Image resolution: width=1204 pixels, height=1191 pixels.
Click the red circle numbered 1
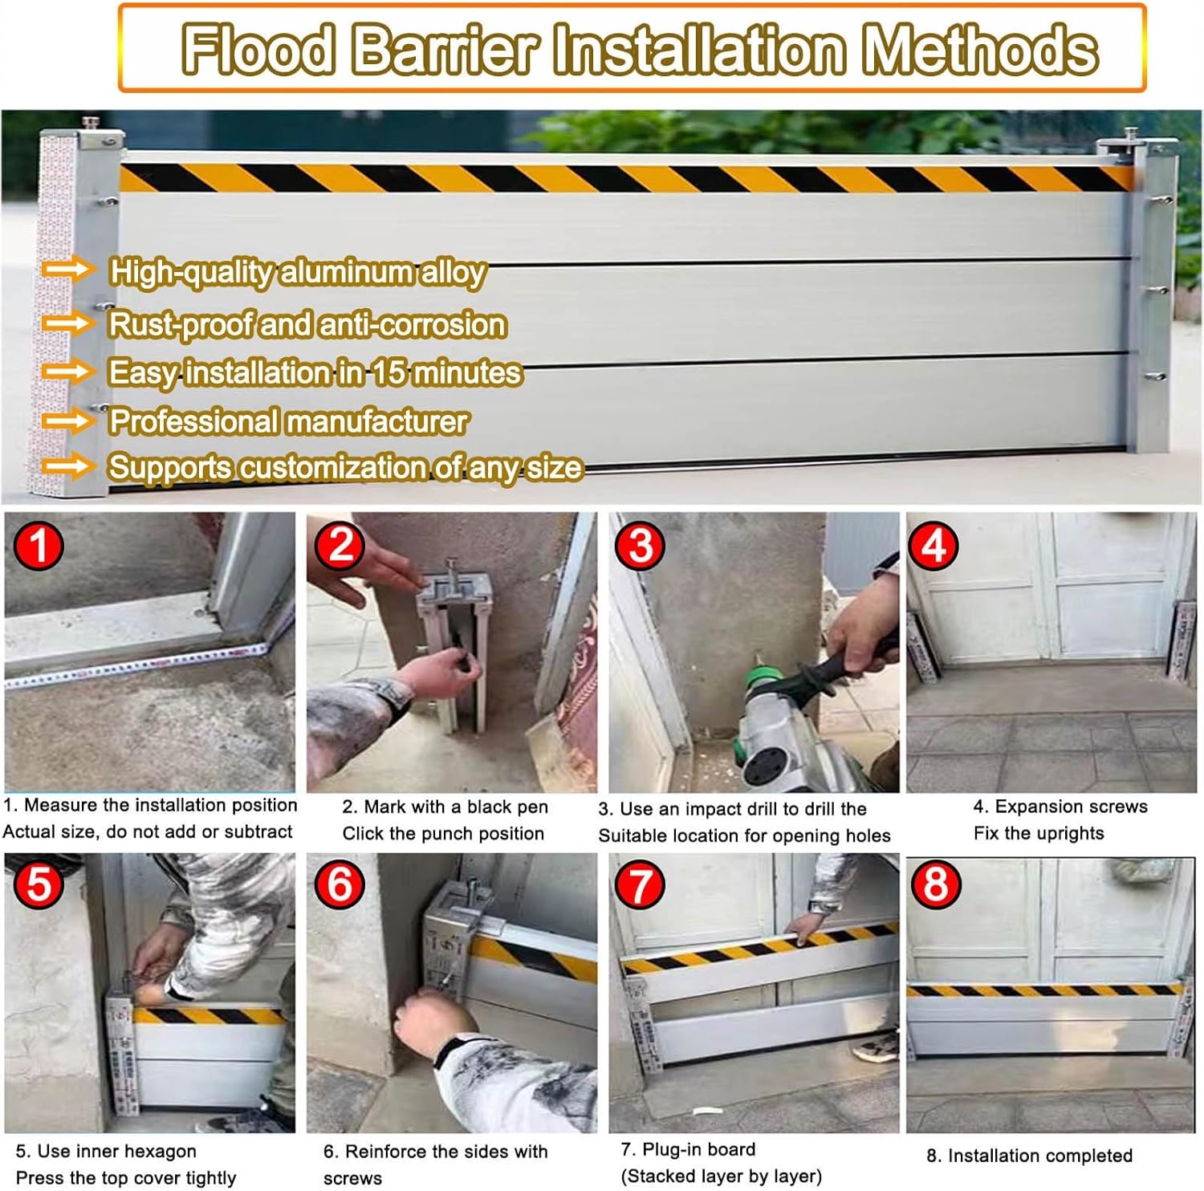(38, 546)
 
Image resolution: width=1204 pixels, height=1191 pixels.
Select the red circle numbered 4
(933, 546)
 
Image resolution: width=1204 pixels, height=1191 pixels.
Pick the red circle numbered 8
(935, 883)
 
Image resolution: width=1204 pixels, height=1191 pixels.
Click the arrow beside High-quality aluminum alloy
(67, 270)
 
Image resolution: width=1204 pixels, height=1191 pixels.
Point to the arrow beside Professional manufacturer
(67, 421)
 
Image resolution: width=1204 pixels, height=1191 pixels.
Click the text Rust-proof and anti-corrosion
(307, 324)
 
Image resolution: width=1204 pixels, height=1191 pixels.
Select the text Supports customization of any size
(345, 467)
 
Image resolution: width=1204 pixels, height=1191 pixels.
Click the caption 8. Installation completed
(1029, 1156)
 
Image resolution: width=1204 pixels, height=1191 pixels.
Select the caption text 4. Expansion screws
(1060, 807)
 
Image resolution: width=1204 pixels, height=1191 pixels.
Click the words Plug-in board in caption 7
(698, 1149)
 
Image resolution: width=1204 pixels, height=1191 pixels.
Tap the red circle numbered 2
(340, 546)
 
